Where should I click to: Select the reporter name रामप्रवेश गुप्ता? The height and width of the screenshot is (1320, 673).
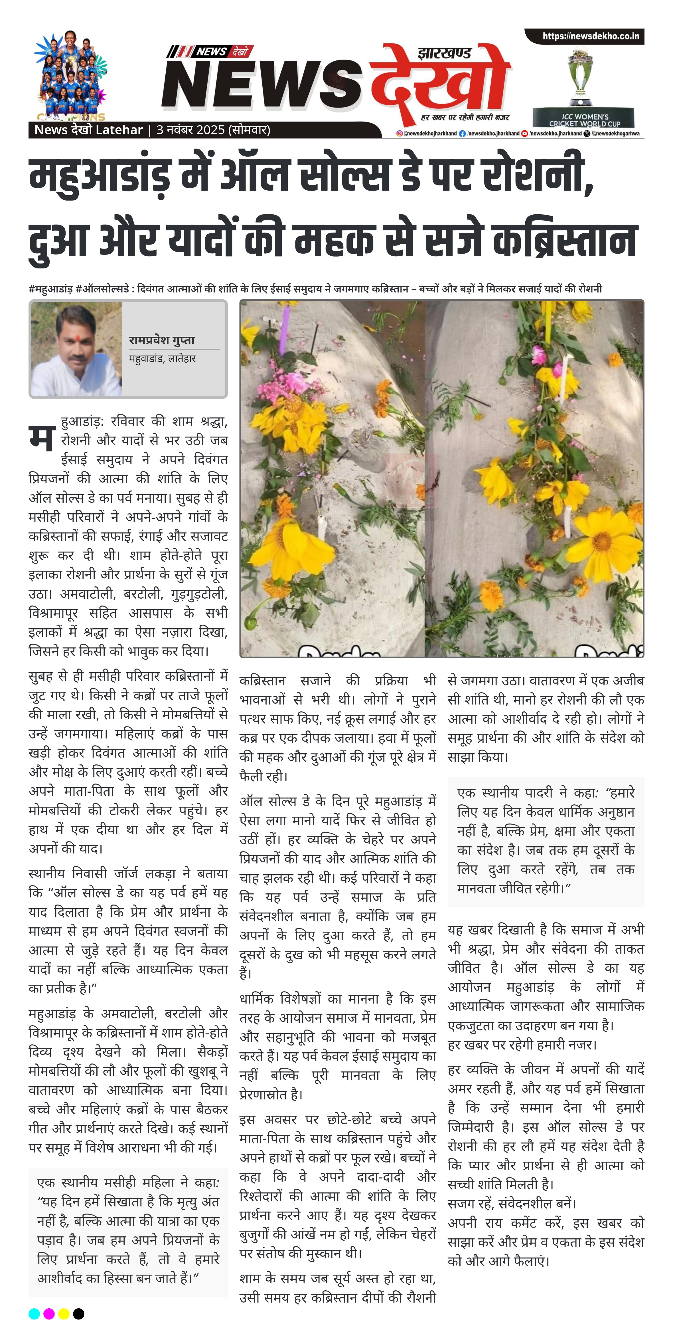pyautogui.click(x=162, y=340)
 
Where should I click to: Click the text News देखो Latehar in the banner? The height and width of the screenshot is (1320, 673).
pyautogui.click(x=88, y=130)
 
